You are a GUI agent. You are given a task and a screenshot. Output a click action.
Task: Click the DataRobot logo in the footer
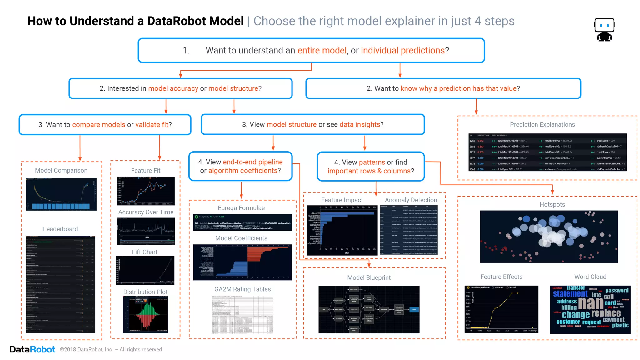pos(32,349)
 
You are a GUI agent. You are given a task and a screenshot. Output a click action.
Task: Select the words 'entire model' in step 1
pos(322,51)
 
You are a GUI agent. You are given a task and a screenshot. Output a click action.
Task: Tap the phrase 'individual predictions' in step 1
pos(402,51)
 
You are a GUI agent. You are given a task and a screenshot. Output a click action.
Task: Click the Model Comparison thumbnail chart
pos(61,194)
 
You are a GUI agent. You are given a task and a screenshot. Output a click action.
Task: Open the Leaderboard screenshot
pos(61,284)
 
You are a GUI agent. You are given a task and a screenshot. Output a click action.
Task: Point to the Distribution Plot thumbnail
pos(145,314)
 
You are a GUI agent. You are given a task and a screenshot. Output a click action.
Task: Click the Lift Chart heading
pos(144,252)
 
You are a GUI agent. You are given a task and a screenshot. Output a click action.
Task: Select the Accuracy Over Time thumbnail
pos(146,231)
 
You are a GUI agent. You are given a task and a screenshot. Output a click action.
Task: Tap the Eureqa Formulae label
pos(241,208)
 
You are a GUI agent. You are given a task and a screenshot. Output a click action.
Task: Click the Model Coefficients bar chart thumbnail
pos(242,262)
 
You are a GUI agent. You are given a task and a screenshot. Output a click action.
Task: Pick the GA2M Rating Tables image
pos(242,314)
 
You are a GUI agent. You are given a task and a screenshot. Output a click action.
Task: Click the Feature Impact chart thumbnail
pos(342,230)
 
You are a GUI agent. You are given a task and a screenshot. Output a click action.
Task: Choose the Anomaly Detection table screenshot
pos(409,230)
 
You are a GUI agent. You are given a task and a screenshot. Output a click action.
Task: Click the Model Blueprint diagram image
pos(369,309)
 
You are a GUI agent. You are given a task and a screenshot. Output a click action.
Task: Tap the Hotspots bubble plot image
pos(549,237)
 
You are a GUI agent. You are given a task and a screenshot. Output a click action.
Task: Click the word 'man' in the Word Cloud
pos(591,303)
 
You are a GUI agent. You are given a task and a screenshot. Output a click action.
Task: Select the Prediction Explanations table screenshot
pos(547,152)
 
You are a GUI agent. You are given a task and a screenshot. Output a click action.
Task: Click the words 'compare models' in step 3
pos(98,125)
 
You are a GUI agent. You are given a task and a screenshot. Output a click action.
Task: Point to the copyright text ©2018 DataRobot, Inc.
pos(111,350)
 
